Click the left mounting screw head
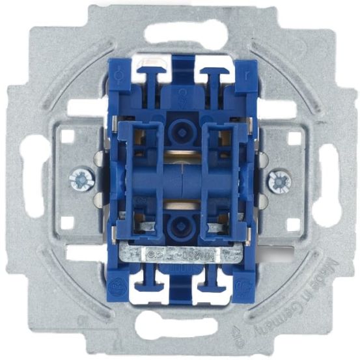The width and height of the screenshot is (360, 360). click(80, 178)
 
